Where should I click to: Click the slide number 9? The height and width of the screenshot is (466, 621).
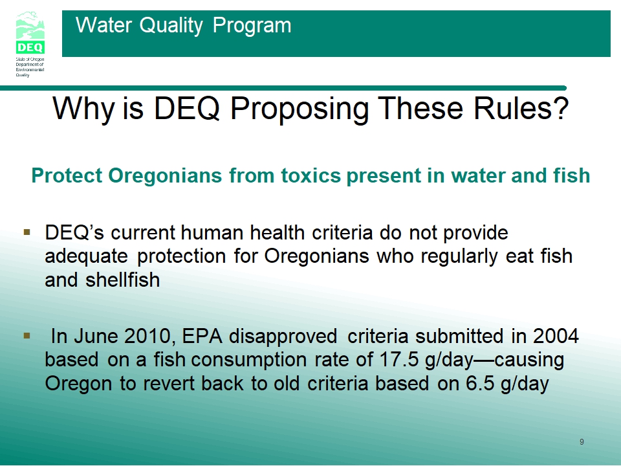tap(582, 442)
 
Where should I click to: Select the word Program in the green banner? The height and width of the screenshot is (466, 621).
tap(252, 26)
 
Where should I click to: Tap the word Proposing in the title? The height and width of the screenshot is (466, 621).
tap(300, 108)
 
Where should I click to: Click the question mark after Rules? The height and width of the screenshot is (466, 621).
tap(561, 108)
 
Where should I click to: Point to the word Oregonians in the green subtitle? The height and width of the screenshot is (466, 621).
tap(165, 175)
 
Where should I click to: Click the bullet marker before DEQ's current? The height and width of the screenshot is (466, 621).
tap(27, 232)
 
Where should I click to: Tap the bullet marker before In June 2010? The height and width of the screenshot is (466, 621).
tap(27, 336)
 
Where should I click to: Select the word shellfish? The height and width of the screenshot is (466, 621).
tap(123, 280)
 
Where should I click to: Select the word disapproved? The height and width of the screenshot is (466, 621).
tap(283, 337)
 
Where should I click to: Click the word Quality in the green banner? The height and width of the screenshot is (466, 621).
tap(171, 26)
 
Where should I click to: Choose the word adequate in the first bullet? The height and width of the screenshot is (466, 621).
tap(86, 257)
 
